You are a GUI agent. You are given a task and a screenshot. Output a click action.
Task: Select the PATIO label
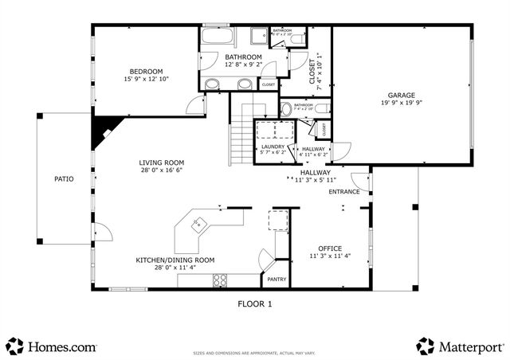coord(64,179)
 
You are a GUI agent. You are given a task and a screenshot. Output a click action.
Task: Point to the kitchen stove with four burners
coord(221,280)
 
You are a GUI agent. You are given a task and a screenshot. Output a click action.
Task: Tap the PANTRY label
coord(277,280)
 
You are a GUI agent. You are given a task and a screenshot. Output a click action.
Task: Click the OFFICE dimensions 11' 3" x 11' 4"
coord(329,256)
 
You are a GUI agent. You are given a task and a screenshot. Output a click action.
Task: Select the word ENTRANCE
coord(344,192)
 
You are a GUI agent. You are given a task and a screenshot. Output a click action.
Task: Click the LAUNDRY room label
coord(273,147)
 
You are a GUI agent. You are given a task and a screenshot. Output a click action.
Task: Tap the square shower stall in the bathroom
coord(258,36)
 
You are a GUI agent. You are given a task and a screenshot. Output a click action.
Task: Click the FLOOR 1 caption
coord(255,303)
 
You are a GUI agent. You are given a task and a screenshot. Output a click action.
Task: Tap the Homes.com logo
coord(52,346)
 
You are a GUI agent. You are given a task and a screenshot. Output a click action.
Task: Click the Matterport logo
coord(460,346)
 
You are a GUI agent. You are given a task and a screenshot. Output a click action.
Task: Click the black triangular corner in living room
coord(102,130)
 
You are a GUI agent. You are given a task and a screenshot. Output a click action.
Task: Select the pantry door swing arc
coord(265,259)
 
